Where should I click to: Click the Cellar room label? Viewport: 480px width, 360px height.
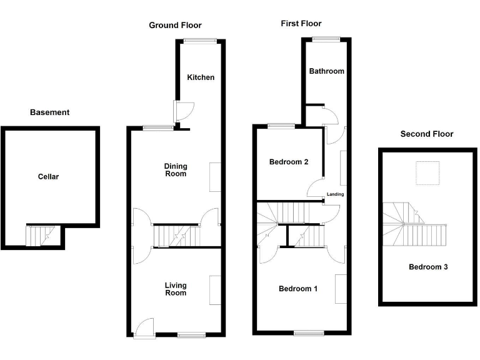(x=48, y=177)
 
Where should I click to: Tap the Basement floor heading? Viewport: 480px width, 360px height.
(x=50, y=112)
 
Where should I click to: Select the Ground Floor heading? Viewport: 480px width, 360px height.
(x=175, y=26)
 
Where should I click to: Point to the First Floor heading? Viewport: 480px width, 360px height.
(x=301, y=24)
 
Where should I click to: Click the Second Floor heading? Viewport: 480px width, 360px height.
(x=427, y=134)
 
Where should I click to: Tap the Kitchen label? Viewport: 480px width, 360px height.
(x=201, y=77)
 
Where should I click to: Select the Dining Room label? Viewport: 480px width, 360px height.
(x=176, y=170)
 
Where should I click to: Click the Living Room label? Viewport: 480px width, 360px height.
(x=176, y=289)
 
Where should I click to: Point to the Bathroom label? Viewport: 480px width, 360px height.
(x=326, y=71)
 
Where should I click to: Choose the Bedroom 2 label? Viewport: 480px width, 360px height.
(x=289, y=162)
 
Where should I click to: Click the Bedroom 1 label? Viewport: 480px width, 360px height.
(x=298, y=289)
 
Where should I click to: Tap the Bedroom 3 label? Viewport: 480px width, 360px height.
(x=428, y=267)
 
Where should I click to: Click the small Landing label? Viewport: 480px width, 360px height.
(x=336, y=194)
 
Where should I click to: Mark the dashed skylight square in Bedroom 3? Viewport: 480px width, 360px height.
(x=427, y=174)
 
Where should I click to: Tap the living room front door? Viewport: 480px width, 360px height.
(x=144, y=327)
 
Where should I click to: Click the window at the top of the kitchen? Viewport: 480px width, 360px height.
(x=201, y=41)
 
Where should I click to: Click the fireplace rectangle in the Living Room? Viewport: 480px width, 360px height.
(x=215, y=290)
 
